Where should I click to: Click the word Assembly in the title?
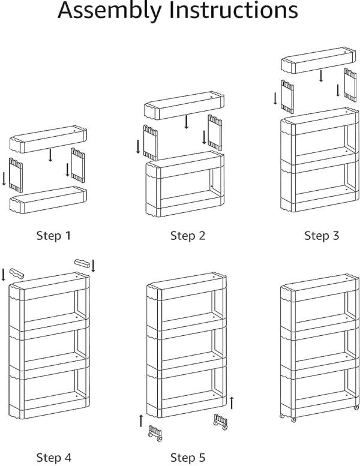110,11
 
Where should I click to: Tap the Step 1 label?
53,236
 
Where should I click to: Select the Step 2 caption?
187,236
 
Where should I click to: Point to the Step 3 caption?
322,236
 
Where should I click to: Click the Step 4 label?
53,458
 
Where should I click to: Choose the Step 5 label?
187,458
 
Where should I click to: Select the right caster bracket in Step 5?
220,422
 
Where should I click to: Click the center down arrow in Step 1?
51,155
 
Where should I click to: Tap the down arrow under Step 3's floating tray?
322,76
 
